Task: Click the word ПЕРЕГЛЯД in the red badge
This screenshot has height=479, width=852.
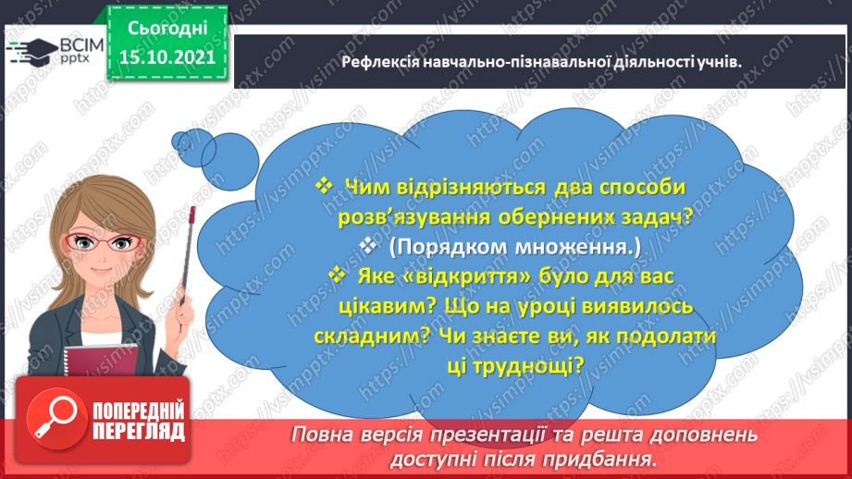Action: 140,430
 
